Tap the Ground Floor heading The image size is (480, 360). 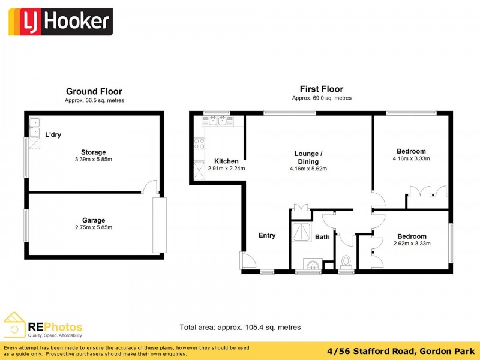[94, 92]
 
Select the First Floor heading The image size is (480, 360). [321, 89]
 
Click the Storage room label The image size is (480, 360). [94, 152]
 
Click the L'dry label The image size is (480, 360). [53, 135]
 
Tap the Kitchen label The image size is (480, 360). [226, 161]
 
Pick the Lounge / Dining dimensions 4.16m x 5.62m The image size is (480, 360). [308, 169]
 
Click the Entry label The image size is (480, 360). [267, 235]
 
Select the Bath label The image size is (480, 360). [322, 237]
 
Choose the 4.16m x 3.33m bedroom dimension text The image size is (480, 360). [411, 159]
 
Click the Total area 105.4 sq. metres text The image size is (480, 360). [240, 328]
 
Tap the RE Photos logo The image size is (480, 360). [43, 326]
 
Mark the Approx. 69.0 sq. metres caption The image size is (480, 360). [322, 98]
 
